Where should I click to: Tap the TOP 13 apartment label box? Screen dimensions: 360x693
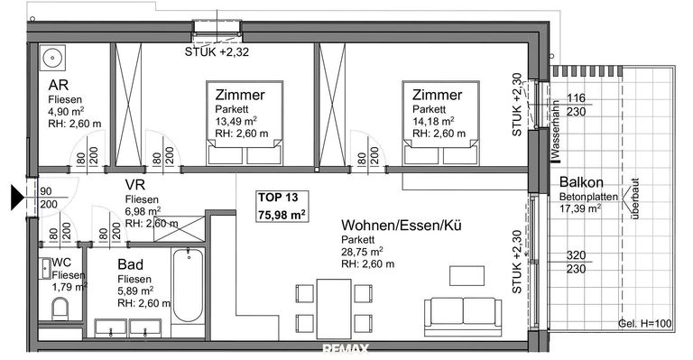279,207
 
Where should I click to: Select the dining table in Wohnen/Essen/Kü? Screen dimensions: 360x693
335,308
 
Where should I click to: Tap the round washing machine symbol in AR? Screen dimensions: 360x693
53,58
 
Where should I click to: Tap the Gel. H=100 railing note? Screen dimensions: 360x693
644,323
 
